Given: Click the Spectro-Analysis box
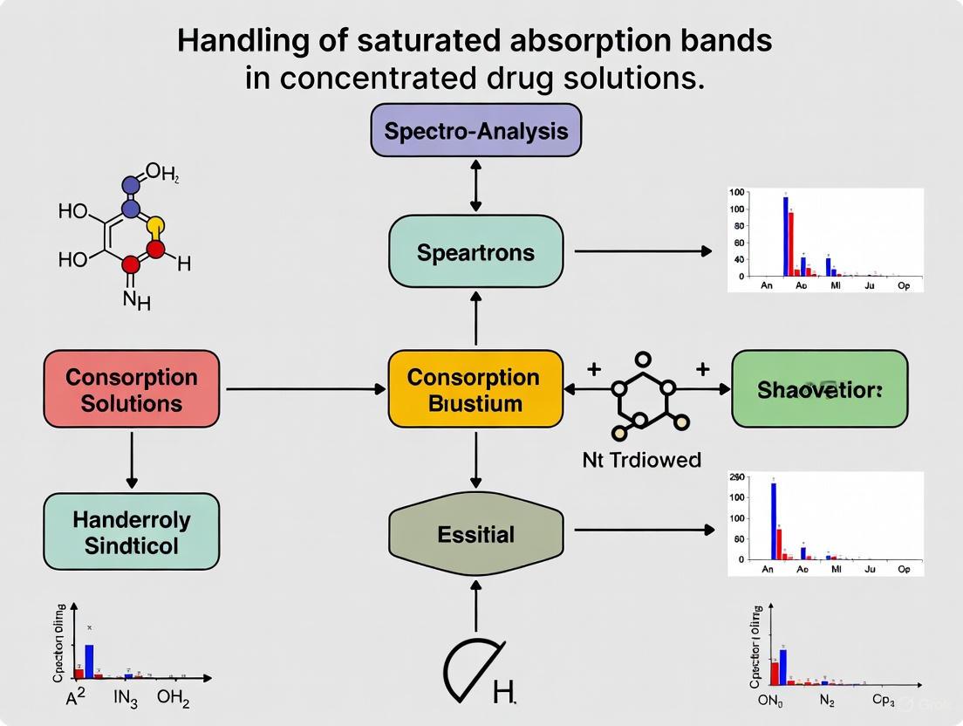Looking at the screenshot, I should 475,130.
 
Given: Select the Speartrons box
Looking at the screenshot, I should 475,252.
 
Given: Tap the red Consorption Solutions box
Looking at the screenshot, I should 131,389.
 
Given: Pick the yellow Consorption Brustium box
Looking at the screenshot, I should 475,389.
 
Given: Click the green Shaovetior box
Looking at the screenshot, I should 819,389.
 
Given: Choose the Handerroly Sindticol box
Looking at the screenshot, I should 131,532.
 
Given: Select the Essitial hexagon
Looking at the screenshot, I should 475,533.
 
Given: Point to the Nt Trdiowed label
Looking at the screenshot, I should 641,459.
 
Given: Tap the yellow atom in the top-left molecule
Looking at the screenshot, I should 155,227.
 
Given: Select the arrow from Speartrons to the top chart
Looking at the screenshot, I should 643,251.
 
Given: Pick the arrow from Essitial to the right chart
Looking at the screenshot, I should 643,530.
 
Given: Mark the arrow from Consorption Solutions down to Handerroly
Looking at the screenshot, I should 132,459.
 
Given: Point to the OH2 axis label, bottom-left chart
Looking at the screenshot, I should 173,701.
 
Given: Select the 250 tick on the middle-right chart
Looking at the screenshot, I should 736,478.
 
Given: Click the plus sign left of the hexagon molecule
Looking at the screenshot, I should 594,369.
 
